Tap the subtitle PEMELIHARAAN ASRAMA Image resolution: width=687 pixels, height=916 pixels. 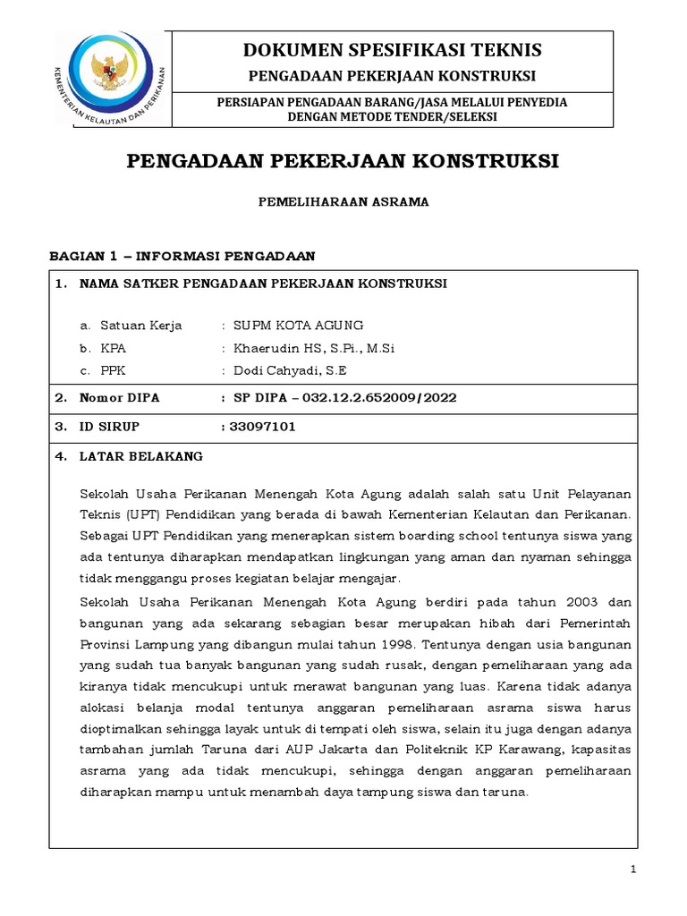coord(343,202)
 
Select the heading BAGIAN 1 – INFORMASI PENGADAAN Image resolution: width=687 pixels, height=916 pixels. coord(182,256)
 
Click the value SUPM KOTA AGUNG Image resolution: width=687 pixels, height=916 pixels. coord(298,325)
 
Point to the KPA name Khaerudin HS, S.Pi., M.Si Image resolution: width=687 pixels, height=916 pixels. coord(313,348)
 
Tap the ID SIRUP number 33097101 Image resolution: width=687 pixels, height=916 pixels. coord(262,427)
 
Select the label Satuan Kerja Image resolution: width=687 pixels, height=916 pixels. coord(141,325)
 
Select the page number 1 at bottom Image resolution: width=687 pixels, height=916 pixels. coord(632,869)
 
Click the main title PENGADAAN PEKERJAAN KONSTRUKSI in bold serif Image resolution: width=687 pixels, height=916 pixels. coord(343,161)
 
